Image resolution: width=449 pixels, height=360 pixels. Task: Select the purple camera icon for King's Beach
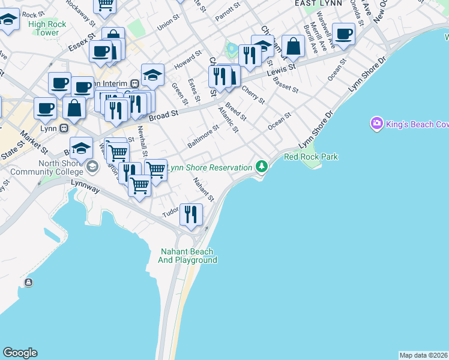[377, 124]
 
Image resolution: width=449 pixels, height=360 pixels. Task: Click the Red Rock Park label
[311, 157]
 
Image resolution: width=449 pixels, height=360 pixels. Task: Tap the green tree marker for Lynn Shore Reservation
[261, 166]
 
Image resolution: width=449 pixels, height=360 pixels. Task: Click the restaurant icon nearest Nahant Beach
[191, 215]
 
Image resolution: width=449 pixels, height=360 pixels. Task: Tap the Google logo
[20, 353]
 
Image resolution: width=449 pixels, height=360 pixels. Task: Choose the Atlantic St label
[229, 119]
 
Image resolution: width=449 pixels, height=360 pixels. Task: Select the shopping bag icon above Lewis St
[293, 47]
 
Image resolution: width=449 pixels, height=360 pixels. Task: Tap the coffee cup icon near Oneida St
[343, 34]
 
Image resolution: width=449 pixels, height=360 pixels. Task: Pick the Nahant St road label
[203, 188]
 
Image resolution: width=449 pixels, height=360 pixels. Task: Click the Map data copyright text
[424, 355]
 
